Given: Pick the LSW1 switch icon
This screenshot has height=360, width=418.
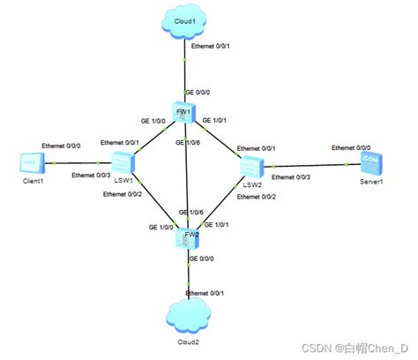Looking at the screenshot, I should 121,161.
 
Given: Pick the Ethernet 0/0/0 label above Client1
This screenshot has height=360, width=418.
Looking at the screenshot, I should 62,146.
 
